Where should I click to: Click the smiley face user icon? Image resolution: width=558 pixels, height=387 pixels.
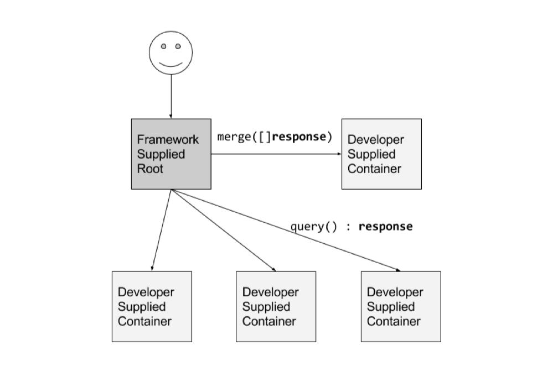coord(170,53)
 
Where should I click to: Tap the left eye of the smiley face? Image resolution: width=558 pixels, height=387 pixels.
coord(164,46)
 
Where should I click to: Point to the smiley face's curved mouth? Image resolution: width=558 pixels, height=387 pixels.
coord(170,65)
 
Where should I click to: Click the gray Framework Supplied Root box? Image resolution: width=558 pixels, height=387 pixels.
coord(171,154)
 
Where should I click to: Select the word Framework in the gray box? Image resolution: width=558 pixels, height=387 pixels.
coord(168,139)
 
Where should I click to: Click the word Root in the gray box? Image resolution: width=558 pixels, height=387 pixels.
coord(150,169)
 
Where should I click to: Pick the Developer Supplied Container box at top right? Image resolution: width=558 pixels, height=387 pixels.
coord(381,154)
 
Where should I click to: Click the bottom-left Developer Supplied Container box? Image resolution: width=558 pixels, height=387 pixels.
coord(152,306)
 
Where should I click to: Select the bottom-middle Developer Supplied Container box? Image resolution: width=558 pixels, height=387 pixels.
coord(276,306)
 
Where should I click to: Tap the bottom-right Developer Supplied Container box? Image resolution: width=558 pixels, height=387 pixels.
coord(401,306)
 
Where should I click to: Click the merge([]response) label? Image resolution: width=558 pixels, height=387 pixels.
coord(275,137)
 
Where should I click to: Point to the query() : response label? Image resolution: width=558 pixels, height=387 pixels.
coord(352,227)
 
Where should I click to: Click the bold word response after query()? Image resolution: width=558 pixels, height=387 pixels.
coord(385,227)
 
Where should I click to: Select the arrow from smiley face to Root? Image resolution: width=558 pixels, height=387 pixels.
coord(171,97)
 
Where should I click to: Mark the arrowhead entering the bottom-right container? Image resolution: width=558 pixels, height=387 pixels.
coord(396,270)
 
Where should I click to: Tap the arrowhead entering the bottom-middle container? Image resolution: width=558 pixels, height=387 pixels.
coord(273,269)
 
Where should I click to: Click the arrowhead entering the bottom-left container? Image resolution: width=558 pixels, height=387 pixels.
coord(152,268)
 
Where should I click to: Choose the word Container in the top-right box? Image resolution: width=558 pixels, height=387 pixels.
coord(374,169)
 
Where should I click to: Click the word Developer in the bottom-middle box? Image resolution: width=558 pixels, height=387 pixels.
coord(270,292)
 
